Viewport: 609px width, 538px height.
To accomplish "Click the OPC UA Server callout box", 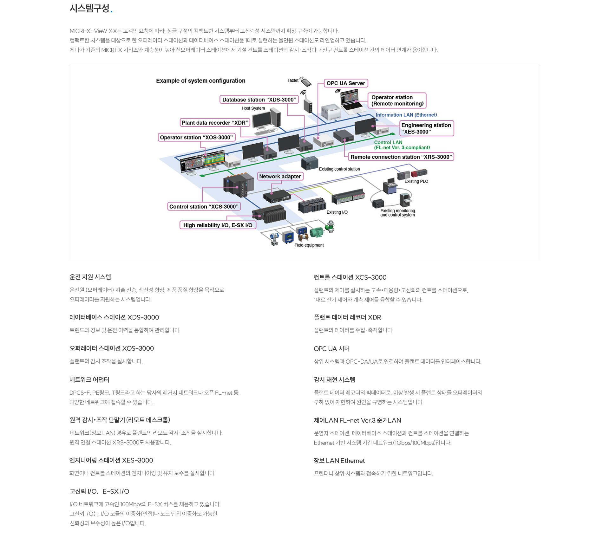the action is (346, 83).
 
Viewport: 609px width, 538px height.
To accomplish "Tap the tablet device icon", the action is (306, 82).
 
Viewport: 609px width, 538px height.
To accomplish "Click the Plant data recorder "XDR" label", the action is (215, 123).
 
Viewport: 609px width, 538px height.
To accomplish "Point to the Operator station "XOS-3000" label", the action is (196, 137).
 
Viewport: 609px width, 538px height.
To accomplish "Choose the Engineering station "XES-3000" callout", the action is (426, 128).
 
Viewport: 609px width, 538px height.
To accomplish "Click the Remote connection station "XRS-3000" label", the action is (401, 157).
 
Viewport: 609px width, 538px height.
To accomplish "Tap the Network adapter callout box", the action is (280, 176).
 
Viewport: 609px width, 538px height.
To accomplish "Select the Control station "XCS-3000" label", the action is (204, 206).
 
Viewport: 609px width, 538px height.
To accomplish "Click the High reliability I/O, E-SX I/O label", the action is (218, 225).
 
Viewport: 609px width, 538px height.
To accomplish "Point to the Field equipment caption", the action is (309, 245).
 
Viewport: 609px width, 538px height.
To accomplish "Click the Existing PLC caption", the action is (416, 181).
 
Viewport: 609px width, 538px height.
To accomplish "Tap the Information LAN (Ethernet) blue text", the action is (406, 115).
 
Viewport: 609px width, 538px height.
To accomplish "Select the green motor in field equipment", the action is (317, 232).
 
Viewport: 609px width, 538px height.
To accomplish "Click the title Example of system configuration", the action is (200, 81).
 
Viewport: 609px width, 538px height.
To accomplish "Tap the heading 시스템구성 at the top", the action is (89, 8).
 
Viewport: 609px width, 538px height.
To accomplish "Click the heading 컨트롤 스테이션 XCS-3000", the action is (350, 277).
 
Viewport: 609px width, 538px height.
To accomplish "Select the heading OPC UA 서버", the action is (331, 349).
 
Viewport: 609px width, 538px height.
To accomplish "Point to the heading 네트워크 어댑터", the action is (89, 380).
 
